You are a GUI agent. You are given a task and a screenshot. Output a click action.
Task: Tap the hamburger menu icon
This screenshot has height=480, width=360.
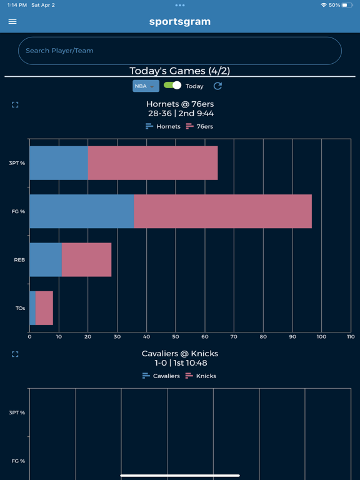click(x=12, y=21)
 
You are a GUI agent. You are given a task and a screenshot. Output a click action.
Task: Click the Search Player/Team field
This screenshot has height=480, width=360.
click(x=180, y=51)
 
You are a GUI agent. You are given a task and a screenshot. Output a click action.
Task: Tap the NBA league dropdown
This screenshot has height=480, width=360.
click(x=146, y=86)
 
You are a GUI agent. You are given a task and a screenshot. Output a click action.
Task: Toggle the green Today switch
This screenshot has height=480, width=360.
click(x=172, y=86)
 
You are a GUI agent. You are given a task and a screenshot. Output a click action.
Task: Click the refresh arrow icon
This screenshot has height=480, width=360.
click(x=217, y=86)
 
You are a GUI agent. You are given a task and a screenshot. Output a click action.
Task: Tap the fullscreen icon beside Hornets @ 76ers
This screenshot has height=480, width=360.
click(x=15, y=105)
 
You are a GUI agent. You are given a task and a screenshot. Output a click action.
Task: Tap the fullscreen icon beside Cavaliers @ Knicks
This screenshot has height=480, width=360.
click(x=15, y=354)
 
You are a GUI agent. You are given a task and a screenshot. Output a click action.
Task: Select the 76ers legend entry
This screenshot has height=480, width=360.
click(x=199, y=126)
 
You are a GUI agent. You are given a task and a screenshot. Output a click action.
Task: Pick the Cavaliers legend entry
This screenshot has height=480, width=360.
click(x=161, y=376)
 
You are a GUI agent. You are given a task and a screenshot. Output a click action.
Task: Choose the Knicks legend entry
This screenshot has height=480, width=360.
click(x=201, y=376)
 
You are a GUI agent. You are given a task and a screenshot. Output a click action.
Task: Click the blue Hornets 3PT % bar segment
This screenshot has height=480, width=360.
click(x=59, y=163)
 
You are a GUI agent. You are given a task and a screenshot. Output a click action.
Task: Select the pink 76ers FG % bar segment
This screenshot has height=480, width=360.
click(x=222, y=211)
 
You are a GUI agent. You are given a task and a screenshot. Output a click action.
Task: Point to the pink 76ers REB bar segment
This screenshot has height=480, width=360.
click(x=86, y=259)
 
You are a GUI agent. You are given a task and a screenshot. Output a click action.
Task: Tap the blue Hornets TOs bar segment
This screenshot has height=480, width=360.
click(x=32, y=308)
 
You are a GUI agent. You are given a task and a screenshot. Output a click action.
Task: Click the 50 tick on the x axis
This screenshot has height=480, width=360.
click(x=176, y=337)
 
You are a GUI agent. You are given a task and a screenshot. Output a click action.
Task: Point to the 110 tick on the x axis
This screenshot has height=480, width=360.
click(x=351, y=337)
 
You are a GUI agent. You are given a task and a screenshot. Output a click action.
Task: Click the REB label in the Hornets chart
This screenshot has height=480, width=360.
click(x=19, y=260)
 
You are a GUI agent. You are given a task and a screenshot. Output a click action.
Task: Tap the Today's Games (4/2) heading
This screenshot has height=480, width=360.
click(x=180, y=71)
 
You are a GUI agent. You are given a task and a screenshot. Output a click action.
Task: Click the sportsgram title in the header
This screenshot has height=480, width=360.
click(x=180, y=21)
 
